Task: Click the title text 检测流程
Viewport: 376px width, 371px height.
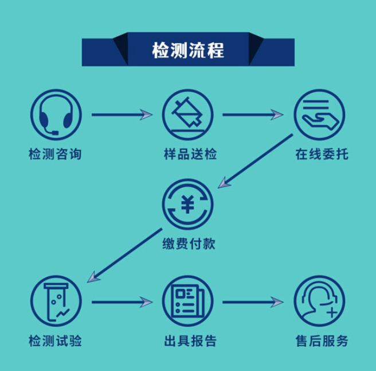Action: pos(188,50)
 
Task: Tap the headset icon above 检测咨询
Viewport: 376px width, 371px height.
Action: pos(56,115)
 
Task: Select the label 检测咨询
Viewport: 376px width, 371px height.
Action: pos(55,154)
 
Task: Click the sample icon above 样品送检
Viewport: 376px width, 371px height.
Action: pos(188,115)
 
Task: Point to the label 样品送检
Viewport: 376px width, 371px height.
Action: pos(190,154)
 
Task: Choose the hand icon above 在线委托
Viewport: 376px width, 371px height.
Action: pos(320,115)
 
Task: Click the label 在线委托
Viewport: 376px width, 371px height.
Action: pos(322,154)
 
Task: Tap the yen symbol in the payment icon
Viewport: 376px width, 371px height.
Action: pos(187,204)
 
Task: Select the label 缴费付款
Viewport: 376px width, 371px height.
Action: pos(189,244)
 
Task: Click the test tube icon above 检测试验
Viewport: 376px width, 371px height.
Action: pos(56,301)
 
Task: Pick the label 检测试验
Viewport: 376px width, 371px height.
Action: pos(55,341)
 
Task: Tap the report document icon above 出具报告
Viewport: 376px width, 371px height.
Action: pos(188,301)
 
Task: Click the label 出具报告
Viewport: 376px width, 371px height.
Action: pos(190,341)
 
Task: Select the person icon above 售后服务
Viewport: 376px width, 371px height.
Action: pos(320,301)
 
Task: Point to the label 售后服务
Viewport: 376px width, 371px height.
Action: pos(322,341)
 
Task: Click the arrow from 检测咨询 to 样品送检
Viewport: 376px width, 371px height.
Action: pos(122,115)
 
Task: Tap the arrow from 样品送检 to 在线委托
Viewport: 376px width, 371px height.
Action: pos(253,115)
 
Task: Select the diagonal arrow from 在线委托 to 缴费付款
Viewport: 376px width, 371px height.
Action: pos(256,161)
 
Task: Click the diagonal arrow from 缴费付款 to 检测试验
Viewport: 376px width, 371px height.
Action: pos(125,255)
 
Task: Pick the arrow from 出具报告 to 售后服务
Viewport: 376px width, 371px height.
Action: pos(253,302)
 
